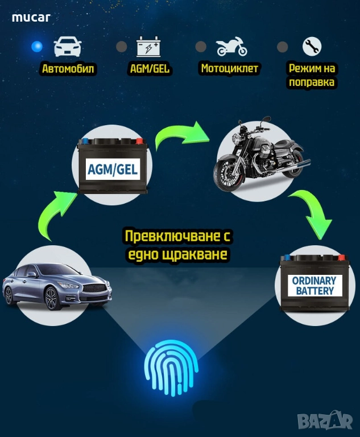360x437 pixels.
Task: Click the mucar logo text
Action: click(31, 18)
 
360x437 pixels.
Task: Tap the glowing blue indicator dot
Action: click(37, 47)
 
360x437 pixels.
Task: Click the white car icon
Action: click(68, 47)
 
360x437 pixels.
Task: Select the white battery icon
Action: click(148, 46)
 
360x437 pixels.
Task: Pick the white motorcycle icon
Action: click(232, 46)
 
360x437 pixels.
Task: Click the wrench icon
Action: click(312, 46)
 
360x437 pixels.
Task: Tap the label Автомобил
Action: click(68, 68)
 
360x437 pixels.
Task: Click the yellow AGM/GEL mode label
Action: click(150, 68)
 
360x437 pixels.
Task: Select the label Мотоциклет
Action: click(230, 68)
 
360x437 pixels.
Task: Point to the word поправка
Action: click(312, 82)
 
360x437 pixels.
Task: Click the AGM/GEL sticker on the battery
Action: click(113, 170)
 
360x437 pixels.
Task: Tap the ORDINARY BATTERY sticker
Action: click(315, 286)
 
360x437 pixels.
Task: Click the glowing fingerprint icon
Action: click(171, 368)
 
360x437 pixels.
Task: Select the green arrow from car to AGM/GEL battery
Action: click(55, 214)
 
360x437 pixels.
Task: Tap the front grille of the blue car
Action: click(94, 287)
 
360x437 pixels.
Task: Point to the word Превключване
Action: click(171, 236)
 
